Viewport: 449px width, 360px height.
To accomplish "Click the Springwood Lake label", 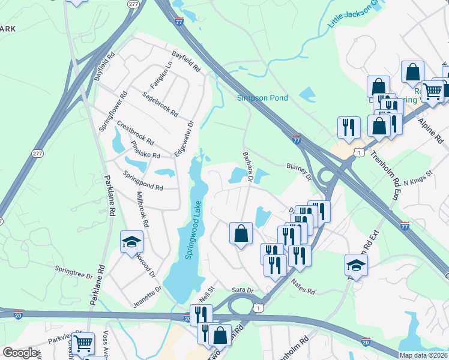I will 193,230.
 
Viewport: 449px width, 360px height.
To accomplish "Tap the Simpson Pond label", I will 262,98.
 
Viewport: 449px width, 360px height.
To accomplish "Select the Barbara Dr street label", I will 249,164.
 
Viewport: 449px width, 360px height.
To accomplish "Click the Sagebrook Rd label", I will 160,104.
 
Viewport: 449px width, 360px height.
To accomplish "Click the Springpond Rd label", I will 143,181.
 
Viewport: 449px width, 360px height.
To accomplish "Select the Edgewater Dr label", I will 184,140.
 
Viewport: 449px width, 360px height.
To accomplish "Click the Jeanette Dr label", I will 148,296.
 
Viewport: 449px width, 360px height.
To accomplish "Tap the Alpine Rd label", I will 431,131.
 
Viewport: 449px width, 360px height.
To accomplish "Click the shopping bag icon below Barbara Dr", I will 241,233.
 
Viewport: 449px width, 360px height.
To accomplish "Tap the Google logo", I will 20,353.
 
